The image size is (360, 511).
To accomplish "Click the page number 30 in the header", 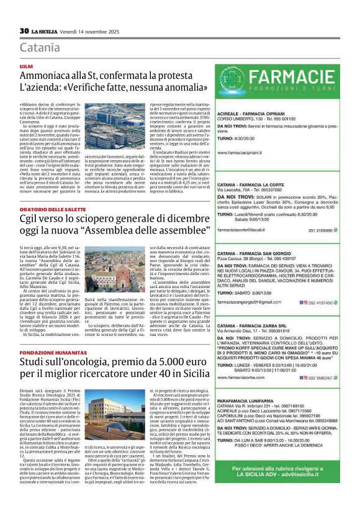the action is (x=25, y=30).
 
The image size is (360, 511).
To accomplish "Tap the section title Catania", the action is (x=40, y=48).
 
